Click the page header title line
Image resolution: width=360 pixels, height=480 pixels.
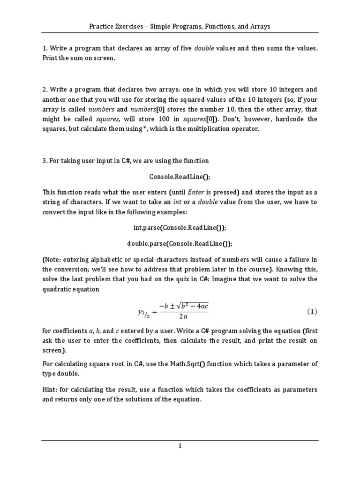tap(180, 26)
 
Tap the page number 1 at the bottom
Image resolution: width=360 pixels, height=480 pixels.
tap(180, 446)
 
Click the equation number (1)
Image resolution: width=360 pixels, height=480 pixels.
tap(312, 311)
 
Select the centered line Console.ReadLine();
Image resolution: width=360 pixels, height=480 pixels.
tap(180, 176)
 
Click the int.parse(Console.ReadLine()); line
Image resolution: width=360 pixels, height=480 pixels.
tap(180, 227)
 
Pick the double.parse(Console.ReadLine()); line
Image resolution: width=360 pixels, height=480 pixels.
tap(180, 244)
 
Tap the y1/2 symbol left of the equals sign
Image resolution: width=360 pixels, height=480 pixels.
tap(142, 312)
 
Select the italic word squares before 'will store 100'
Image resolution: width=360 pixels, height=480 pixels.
tap(107, 119)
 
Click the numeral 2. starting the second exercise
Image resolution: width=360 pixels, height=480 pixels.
tap(45, 89)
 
